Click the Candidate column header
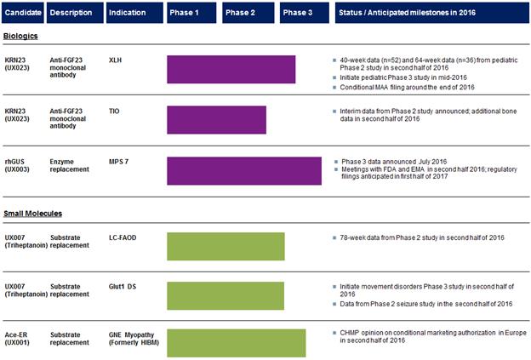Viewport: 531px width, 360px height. pyautogui.click(x=23, y=13)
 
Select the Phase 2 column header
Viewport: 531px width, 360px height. pyautogui.click(x=248, y=13)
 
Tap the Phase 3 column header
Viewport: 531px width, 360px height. pyautogui.click(x=305, y=13)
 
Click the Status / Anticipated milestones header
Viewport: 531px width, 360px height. pyautogui.click(x=432, y=13)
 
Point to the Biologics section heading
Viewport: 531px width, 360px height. pyautogui.click(x=20, y=36)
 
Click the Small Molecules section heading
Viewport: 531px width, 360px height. pyautogui.click(x=33, y=214)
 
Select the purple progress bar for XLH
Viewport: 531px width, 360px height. pyautogui.click(x=231, y=70)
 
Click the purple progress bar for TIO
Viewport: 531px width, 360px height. pyautogui.click(x=217, y=120)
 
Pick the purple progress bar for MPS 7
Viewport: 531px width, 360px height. pyautogui.click(x=244, y=171)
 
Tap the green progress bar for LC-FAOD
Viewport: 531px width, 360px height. pyautogui.click(x=226, y=247)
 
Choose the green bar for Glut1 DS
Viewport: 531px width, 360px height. pyautogui.click(x=226, y=295)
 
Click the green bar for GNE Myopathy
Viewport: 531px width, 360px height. pyautogui.click(x=237, y=343)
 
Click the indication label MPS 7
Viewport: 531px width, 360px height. pyautogui.click(x=118, y=162)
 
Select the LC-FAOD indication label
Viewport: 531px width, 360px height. pyautogui.click(x=123, y=237)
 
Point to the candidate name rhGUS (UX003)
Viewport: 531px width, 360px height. pyautogui.click(x=17, y=165)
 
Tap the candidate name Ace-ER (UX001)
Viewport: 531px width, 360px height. pyautogui.click(x=17, y=339)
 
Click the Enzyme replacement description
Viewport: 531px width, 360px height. pyautogui.click(x=70, y=165)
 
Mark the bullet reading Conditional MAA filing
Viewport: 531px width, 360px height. pyautogui.click(x=407, y=88)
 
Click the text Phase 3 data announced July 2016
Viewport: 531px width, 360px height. pyautogui.click(x=394, y=162)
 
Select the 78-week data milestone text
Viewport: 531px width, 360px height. pyautogui.click(x=422, y=237)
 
